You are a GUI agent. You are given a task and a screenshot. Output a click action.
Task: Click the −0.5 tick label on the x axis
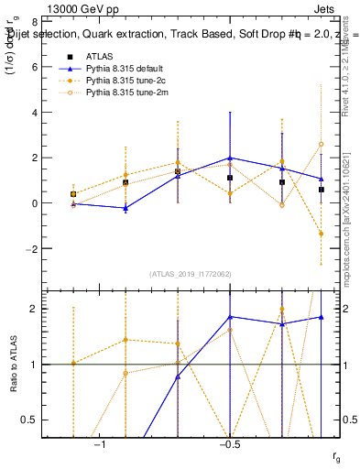228,445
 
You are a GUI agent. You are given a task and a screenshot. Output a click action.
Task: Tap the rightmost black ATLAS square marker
322,190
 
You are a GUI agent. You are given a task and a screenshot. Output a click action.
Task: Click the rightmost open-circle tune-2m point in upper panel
322,144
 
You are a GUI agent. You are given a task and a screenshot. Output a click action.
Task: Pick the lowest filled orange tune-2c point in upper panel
322,234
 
